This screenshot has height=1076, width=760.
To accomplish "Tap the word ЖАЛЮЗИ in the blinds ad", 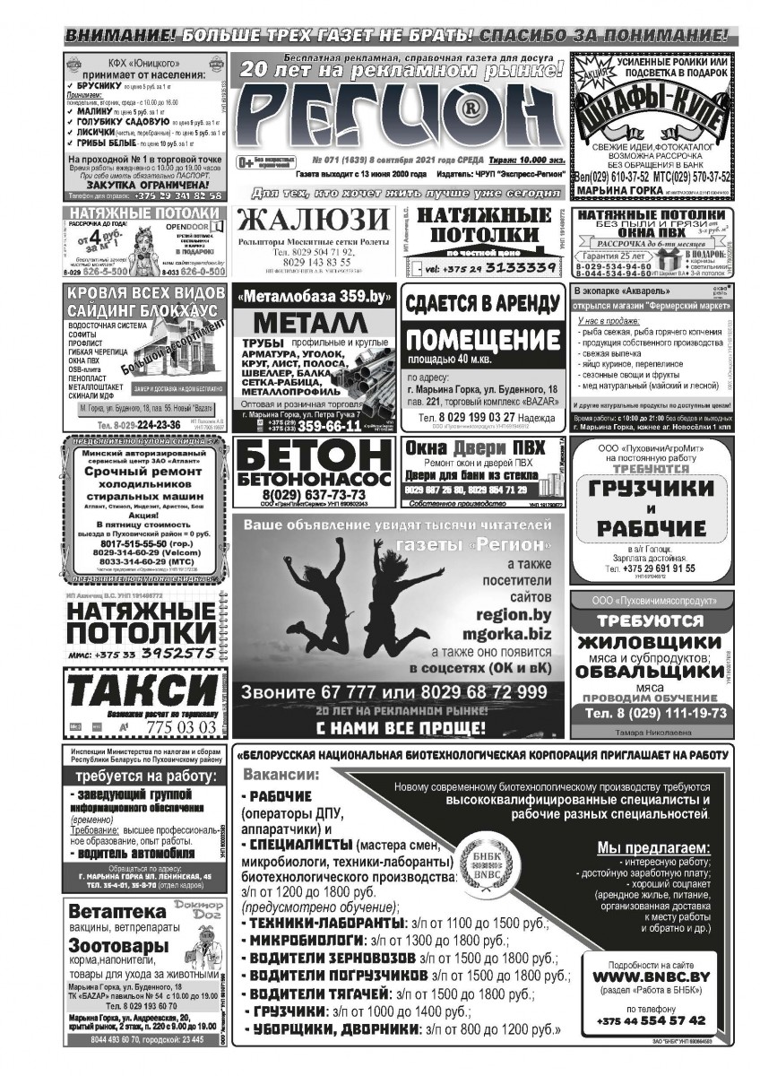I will coord(314,221).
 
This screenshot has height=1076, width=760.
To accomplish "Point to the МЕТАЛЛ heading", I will coord(311,323).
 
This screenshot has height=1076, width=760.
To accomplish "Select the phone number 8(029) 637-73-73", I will coord(314,495).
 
